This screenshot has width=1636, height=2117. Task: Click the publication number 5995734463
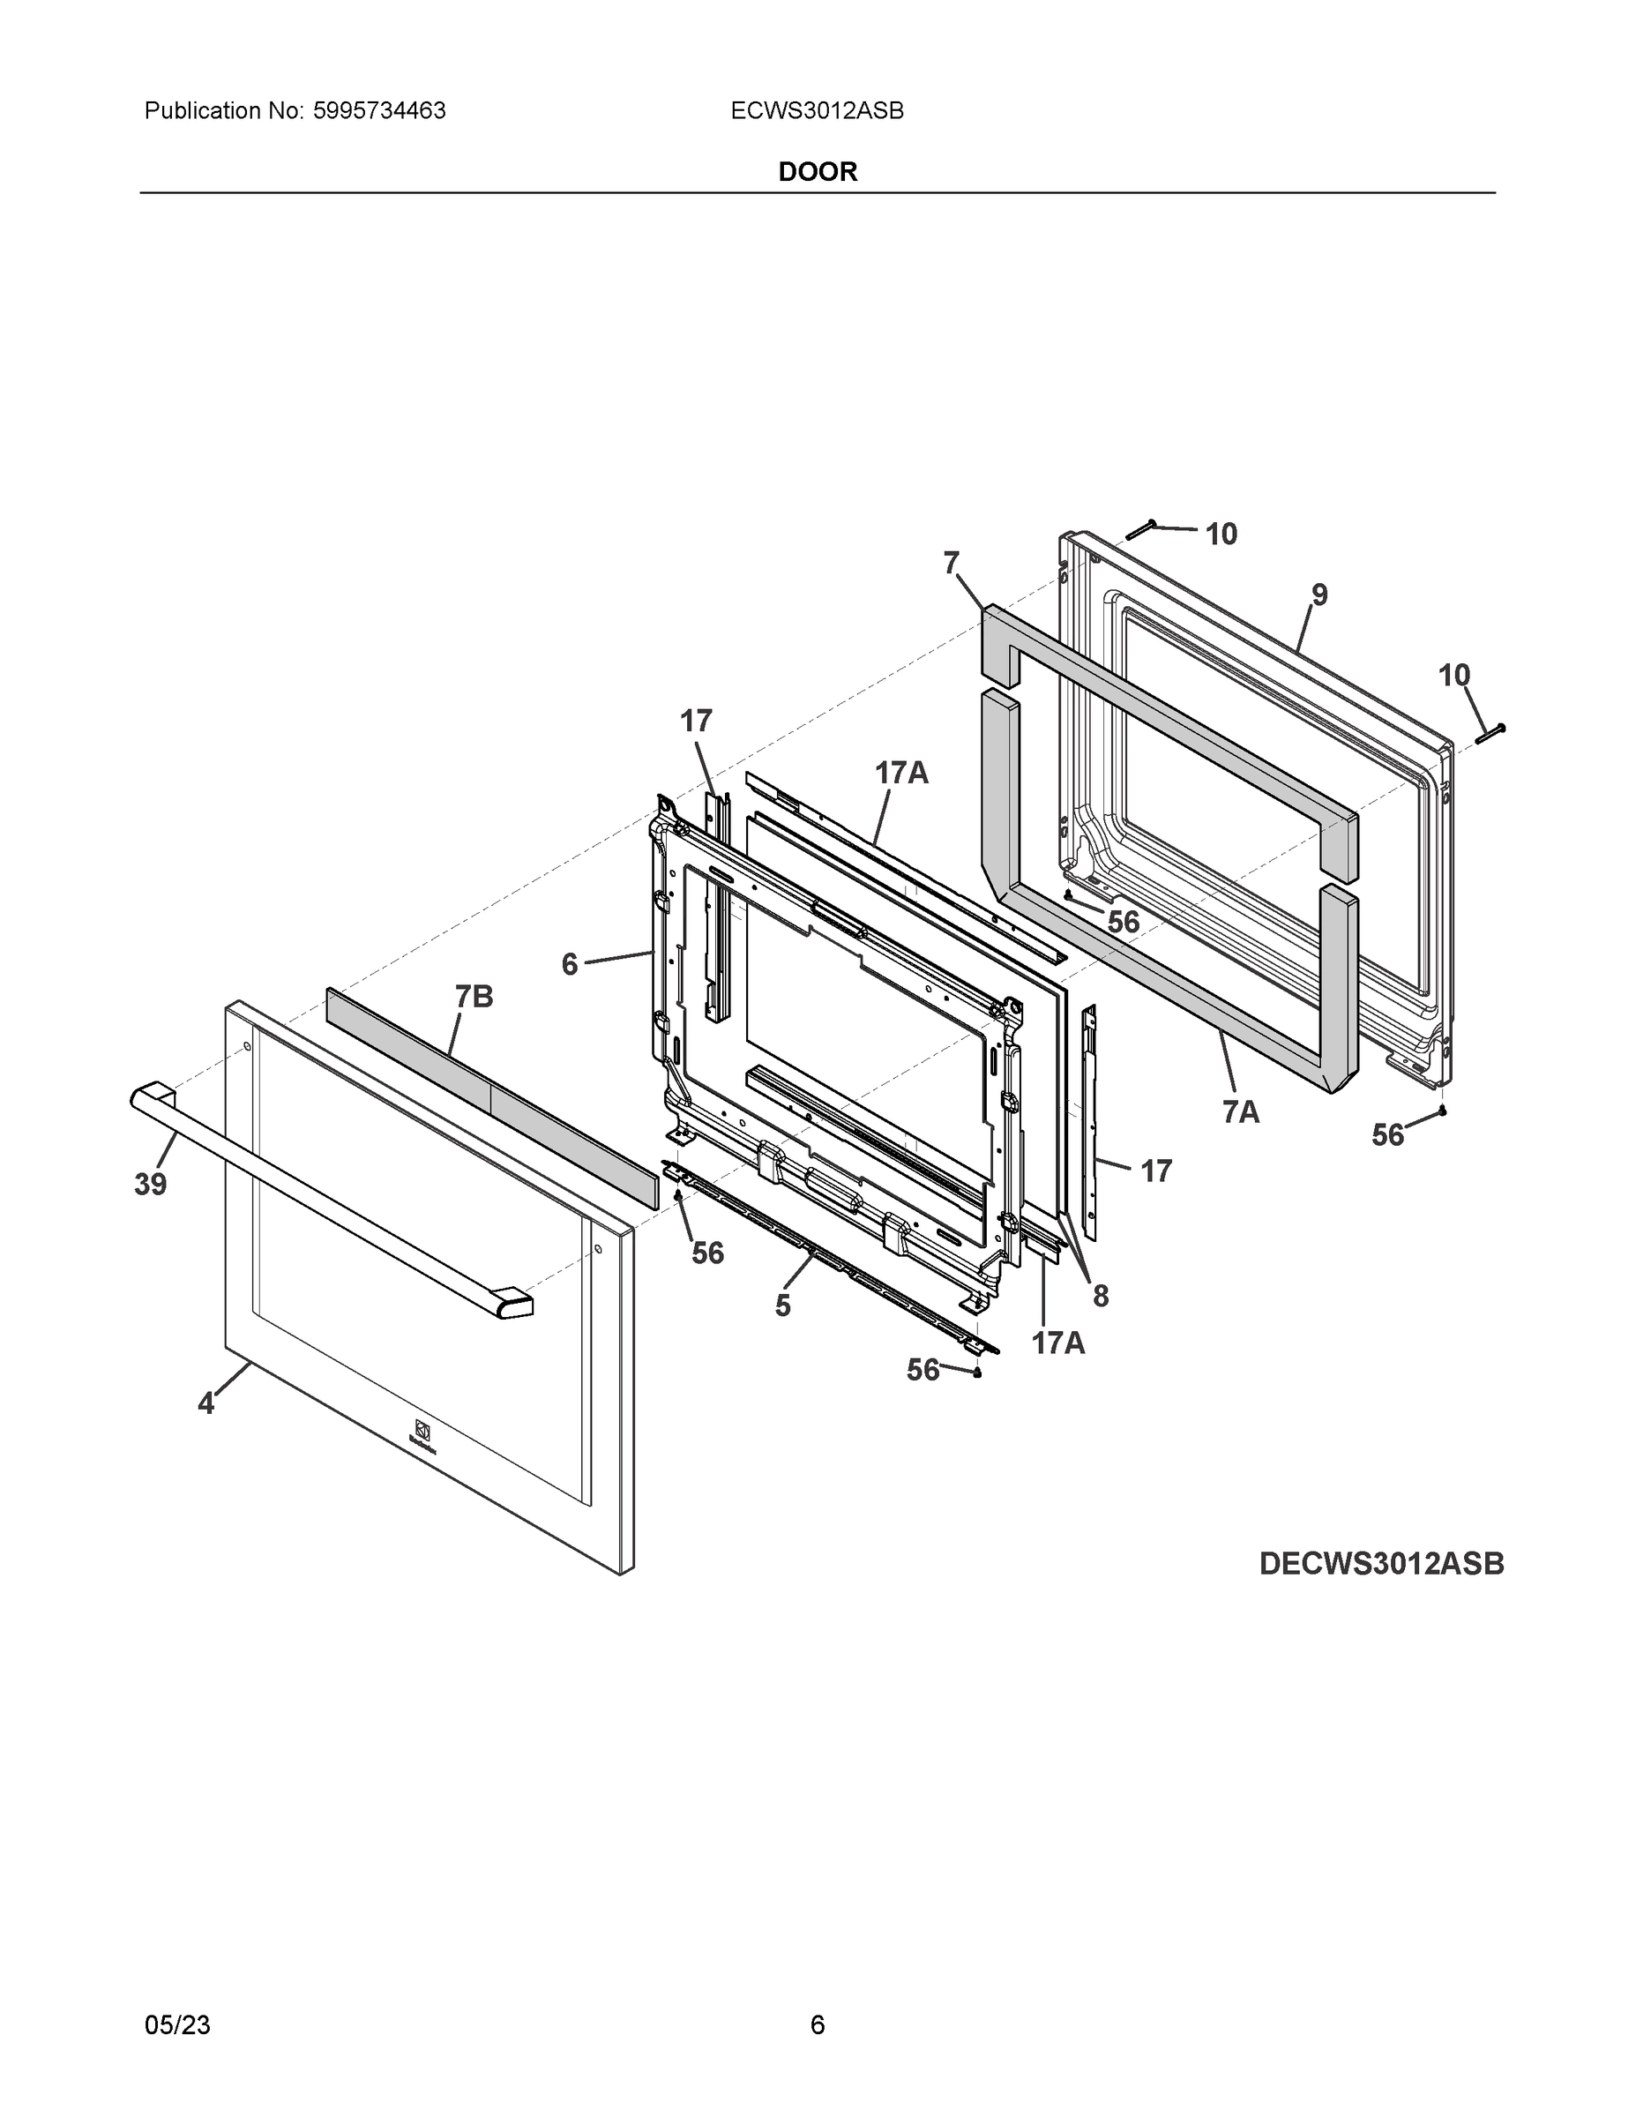(379, 111)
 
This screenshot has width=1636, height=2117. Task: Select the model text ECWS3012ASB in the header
(817, 111)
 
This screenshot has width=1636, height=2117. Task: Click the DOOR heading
(817, 172)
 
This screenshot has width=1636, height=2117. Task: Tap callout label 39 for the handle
(150, 1184)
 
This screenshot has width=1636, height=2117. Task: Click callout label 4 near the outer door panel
(205, 1403)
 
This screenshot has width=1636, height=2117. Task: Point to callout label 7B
(474, 996)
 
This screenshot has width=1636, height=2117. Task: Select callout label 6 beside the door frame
(570, 963)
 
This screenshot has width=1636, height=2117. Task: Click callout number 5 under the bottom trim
(783, 1305)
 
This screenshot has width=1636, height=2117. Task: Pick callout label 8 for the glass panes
(1100, 1296)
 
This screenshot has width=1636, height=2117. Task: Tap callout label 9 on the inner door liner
(1319, 595)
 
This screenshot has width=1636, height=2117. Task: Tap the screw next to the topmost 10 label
(1140, 529)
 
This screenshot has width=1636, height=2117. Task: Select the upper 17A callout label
(901, 773)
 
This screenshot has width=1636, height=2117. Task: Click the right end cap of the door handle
(512, 1305)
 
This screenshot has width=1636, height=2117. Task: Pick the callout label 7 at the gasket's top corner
(951, 562)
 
